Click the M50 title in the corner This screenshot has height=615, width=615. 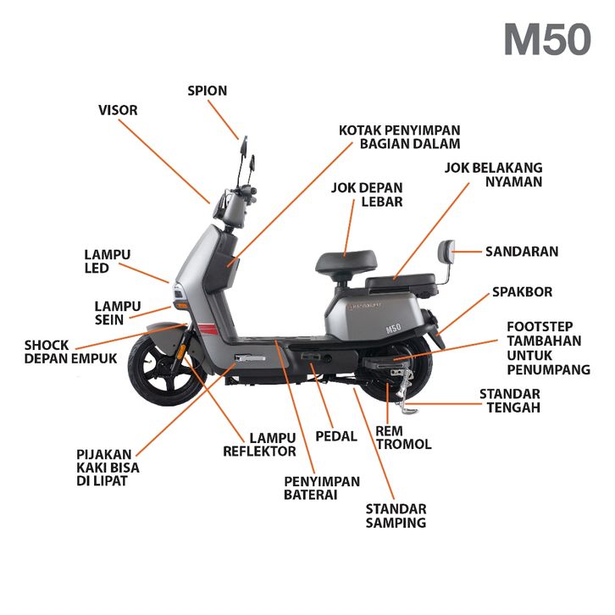546,40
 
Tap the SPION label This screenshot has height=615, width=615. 208,91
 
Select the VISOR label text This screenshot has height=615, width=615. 118,110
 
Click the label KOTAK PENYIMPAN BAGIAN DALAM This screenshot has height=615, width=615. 399,137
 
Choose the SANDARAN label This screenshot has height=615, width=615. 521,252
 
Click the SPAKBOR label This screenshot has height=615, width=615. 522,292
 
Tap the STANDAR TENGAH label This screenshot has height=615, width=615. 510,401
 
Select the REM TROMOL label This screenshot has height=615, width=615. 403,438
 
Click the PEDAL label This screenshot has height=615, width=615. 336,436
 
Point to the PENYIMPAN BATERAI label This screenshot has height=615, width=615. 321,488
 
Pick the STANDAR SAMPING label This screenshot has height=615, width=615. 396,516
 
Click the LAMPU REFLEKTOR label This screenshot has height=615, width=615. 259,445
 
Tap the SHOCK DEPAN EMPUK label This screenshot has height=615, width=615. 69,352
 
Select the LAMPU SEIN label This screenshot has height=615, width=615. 120,313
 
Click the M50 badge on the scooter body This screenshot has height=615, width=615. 393,328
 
